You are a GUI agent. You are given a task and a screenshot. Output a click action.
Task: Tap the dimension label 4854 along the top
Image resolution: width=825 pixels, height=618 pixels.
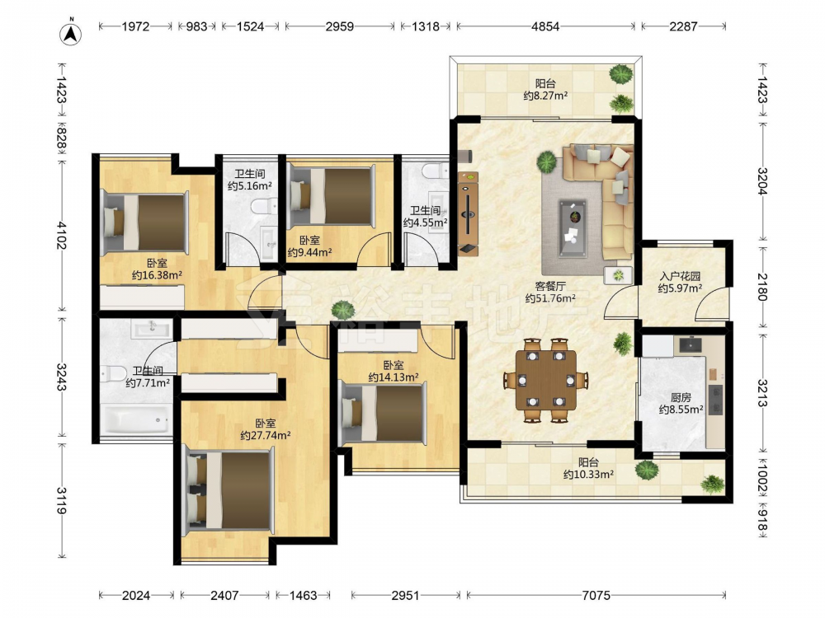pos(545,26)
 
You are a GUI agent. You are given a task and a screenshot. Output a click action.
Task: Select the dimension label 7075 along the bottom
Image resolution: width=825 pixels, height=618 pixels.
pos(596,596)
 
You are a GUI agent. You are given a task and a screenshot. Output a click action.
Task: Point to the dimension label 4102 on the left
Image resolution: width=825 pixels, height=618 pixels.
pos(62,236)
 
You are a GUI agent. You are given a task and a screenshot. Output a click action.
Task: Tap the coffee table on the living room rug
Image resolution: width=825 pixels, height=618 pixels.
pos(573,228)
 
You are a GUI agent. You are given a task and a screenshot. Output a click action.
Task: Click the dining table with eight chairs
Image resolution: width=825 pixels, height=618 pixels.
pos(545,380)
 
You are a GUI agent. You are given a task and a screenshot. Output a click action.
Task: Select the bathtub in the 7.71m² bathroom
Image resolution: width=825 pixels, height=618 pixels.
pos(136,421)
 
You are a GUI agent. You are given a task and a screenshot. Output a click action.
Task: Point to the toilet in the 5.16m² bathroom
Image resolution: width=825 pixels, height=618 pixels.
pos(265,207)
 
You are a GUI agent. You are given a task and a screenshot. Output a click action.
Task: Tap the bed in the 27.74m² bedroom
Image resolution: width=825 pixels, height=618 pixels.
pos(229,489)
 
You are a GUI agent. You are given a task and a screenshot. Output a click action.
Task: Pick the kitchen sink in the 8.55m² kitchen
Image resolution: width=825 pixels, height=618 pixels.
pos(690,344)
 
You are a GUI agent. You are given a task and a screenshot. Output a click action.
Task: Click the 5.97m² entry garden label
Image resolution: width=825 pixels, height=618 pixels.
pos(681,282)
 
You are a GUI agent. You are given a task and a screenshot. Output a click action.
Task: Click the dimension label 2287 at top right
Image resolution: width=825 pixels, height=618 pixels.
pos(683,26)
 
